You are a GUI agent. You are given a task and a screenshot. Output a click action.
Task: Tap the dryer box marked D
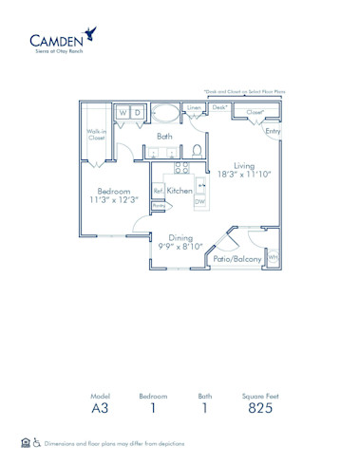(x=140, y=113)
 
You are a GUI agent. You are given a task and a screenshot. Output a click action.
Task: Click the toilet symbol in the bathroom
(x=197, y=149)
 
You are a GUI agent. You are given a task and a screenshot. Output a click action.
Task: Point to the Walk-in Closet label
(x=96, y=135)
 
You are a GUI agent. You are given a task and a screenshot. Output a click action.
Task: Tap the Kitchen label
(x=180, y=190)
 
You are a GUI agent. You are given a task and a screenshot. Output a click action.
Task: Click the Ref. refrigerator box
(x=159, y=190)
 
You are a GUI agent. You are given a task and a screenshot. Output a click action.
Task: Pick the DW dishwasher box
(x=199, y=202)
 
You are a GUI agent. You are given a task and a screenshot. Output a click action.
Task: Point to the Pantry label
(x=159, y=206)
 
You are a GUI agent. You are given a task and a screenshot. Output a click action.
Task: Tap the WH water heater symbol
(x=273, y=256)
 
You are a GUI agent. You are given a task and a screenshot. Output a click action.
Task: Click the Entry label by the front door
(x=273, y=131)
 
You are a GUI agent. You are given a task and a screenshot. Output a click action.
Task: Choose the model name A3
(x=101, y=409)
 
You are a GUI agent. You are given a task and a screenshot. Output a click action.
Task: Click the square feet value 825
(x=257, y=409)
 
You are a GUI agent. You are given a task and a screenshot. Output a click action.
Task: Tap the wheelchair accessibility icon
(x=37, y=443)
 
